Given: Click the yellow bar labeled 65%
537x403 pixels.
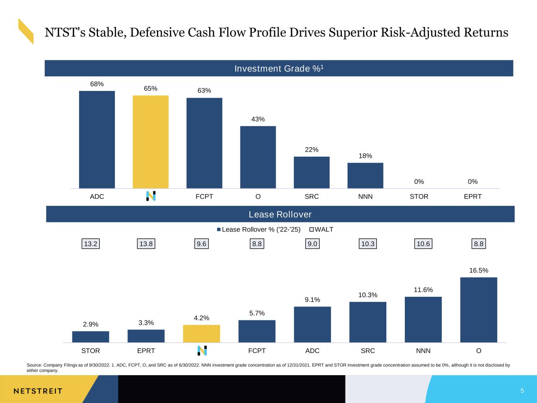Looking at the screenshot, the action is click(x=150, y=142).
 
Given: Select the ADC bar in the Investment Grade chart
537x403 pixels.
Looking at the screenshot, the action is click(x=97, y=140).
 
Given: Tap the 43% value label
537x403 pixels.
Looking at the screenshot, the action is click(x=258, y=119).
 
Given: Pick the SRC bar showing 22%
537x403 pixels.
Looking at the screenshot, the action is click(x=312, y=172).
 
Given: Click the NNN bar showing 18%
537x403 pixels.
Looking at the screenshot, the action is click(x=365, y=176).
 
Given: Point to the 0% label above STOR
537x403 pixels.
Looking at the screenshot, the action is click(x=419, y=181).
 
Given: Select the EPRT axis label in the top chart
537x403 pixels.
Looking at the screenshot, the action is click(x=472, y=196).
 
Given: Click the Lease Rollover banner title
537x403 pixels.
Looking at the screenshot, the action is click(x=280, y=214).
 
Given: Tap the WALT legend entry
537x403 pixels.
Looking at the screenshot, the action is click(x=321, y=229).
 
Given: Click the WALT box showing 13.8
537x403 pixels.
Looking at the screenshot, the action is click(x=146, y=244).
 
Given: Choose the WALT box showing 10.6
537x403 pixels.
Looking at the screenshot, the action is click(x=423, y=244).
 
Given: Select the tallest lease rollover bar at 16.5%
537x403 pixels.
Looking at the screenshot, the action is click(x=478, y=310).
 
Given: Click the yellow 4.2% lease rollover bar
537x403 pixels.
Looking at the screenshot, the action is click(x=201, y=333).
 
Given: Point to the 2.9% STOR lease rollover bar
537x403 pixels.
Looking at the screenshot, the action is click(x=90, y=337).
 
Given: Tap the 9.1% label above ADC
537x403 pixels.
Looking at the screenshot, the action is click(x=312, y=300).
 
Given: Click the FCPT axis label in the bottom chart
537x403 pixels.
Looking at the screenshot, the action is click(x=257, y=351).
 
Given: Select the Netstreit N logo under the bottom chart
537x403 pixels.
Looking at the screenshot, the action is click(x=202, y=350).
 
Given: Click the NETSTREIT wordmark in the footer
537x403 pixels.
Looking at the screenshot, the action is click(x=38, y=391).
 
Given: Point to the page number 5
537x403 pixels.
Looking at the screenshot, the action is click(x=522, y=391).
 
